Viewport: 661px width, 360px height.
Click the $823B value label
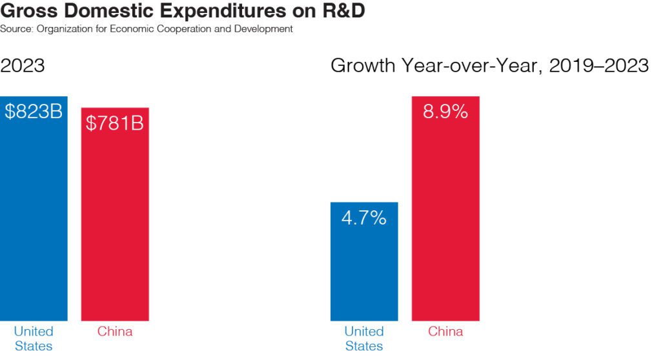point(34,112)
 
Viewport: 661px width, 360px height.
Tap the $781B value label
point(115,123)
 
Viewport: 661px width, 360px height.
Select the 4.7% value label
point(364,218)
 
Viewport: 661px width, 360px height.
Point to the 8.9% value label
point(445,112)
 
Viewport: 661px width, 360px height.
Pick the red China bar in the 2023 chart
point(115,226)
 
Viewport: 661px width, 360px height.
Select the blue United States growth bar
point(364,271)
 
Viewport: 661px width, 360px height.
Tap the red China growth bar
point(445,226)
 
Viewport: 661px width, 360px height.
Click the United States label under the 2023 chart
point(34,339)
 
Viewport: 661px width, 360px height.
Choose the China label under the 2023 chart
point(115,332)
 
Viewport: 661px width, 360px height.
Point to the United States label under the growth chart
point(364,339)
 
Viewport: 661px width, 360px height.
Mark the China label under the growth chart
point(445,332)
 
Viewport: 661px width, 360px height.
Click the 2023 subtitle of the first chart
point(23,66)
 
